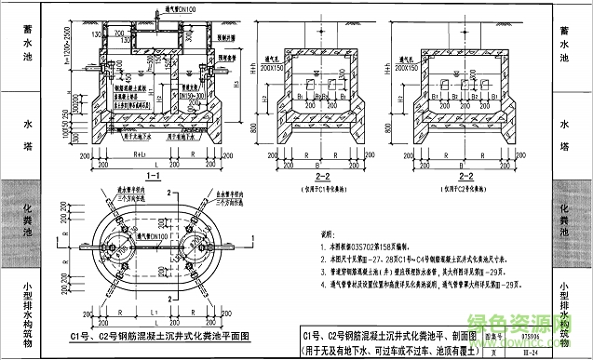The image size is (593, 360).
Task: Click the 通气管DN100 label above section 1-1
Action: click(x=165, y=8)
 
